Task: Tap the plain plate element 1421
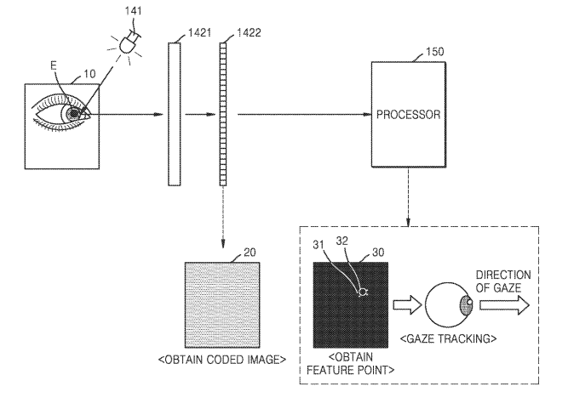[x=175, y=115]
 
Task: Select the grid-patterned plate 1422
[x=225, y=115]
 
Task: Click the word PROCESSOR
[x=409, y=113]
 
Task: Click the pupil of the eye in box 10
[x=75, y=114]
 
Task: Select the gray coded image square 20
[x=222, y=306]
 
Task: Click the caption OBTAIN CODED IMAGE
[x=221, y=360]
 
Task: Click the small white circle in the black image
[x=364, y=293]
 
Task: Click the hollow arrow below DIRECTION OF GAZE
[x=502, y=305]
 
